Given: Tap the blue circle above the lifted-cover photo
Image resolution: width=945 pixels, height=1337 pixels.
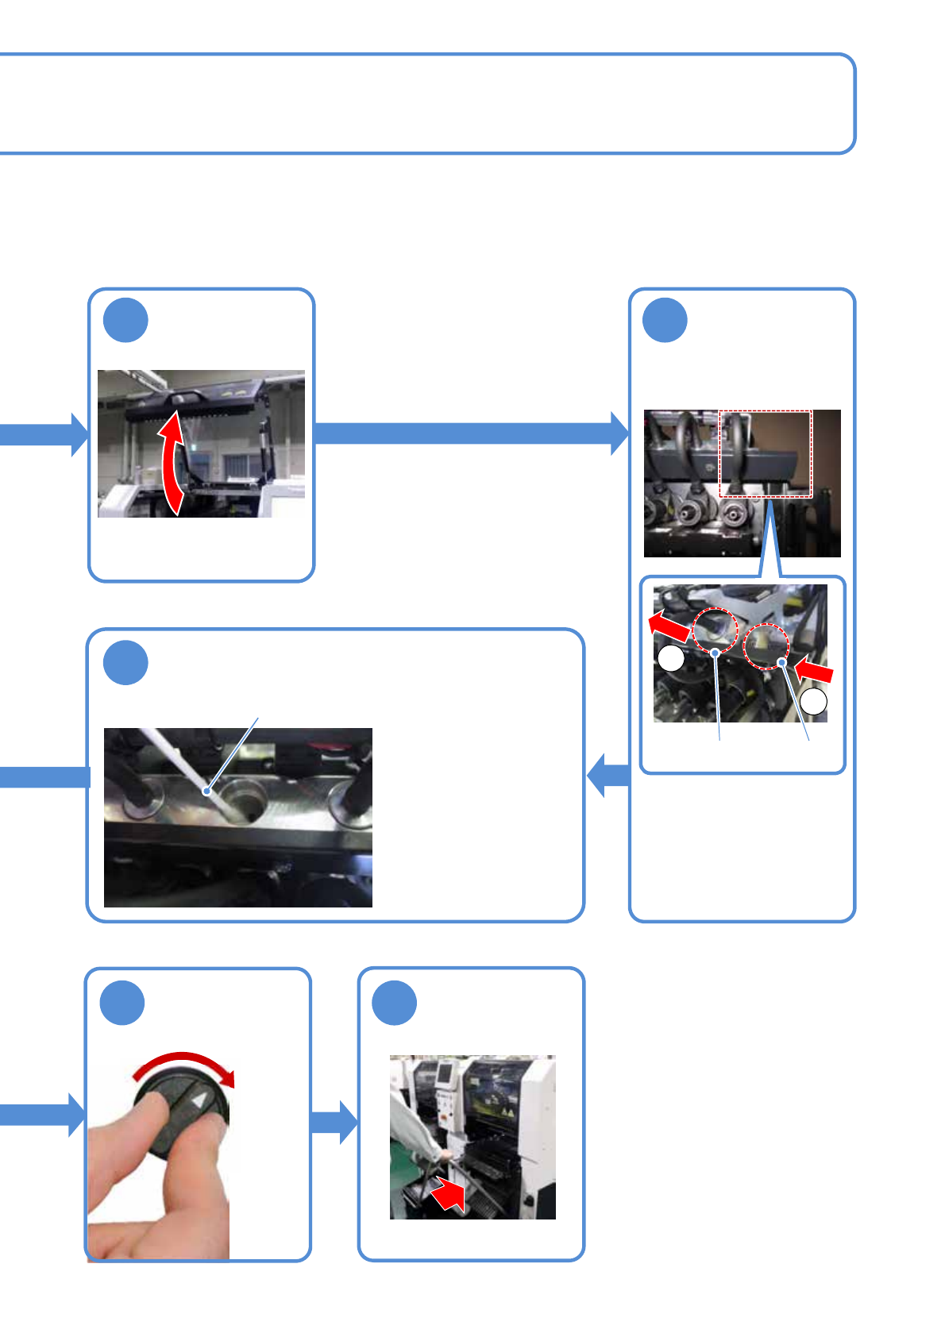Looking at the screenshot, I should (x=125, y=321).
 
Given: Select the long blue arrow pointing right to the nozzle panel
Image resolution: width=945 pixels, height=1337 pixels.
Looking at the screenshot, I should (x=469, y=433).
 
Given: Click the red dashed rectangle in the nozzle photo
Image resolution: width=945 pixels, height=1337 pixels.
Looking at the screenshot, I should (x=766, y=453).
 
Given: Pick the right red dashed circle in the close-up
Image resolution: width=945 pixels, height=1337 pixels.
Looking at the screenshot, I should (x=766, y=645).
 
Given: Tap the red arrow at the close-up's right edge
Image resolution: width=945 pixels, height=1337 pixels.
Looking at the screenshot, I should (x=815, y=671).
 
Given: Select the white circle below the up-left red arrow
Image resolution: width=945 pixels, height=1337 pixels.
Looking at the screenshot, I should (x=671, y=658).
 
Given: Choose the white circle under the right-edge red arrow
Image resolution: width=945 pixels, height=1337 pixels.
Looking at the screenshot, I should (x=813, y=701).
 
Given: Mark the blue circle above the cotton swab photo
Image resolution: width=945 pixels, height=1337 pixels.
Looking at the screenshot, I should (x=125, y=663).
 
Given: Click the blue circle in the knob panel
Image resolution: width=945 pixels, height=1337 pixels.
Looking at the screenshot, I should (x=122, y=1003).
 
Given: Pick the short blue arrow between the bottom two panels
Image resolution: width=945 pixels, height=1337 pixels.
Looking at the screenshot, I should (x=334, y=1122).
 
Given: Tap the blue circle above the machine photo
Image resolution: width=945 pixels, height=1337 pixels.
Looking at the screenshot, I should (x=395, y=1003).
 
